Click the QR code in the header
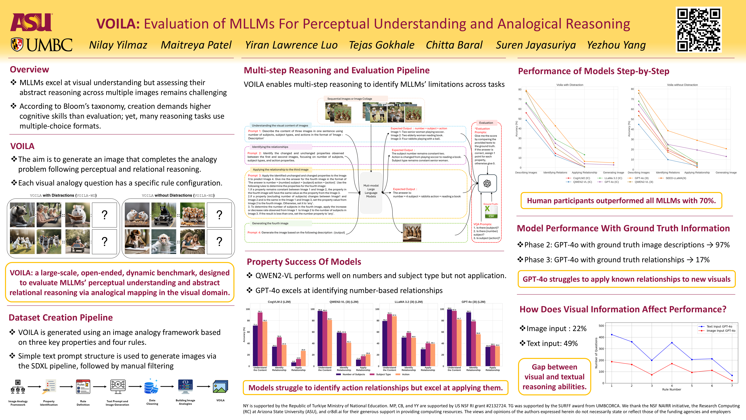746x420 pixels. [699, 29]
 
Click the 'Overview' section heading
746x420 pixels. [29, 70]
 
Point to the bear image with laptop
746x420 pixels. [22, 215]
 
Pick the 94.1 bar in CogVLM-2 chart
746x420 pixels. [260, 339]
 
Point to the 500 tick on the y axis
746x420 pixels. [601, 326]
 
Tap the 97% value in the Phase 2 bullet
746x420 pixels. [722, 245]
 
